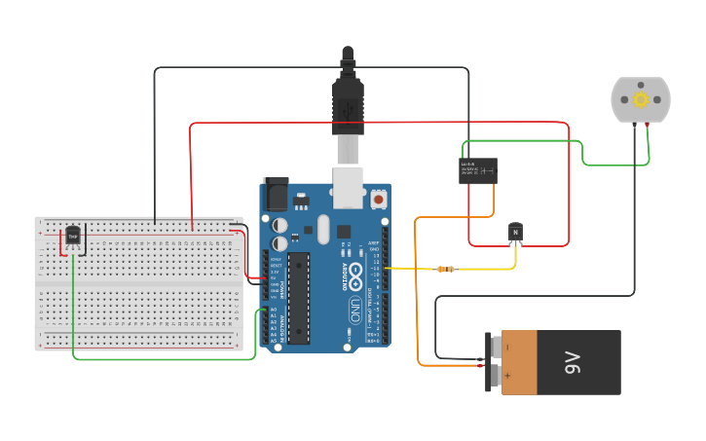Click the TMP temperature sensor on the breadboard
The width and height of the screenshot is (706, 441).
[x=72, y=236]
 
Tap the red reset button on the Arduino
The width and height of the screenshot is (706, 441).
[x=378, y=199]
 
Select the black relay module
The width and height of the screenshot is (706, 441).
[x=478, y=170]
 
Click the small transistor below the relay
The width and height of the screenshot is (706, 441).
[x=515, y=233]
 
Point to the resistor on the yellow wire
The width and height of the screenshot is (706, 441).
[x=445, y=269]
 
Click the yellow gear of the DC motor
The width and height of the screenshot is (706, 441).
[x=641, y=99]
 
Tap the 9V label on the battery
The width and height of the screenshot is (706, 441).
[x=573, y=363]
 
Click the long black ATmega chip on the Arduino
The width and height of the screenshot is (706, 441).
[x=299, y=298]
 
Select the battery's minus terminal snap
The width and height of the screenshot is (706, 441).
[x=495, y=347]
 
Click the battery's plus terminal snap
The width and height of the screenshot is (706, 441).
[x=495, y=376]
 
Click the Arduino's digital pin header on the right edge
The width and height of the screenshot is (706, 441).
[x=385, y=292]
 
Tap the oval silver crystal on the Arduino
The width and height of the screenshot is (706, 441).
[x=322, y=230]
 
